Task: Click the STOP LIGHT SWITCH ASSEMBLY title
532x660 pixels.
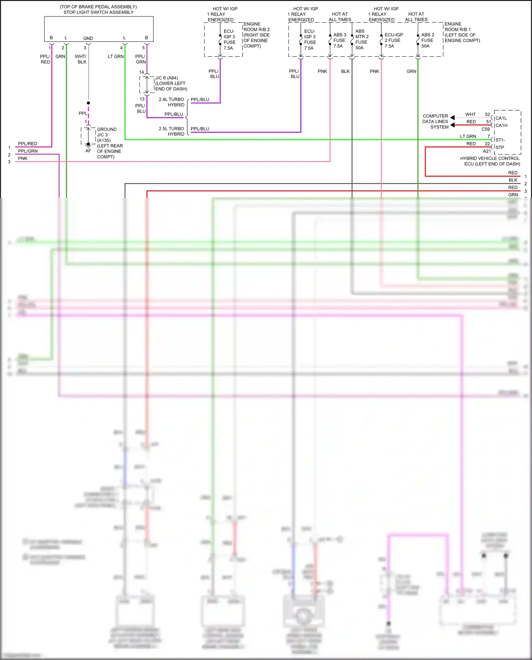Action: (98, 12)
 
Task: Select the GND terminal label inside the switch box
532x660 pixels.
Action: (88, 38)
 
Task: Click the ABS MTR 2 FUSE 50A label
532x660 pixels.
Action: (362, 39)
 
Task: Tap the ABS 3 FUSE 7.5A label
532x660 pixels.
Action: (339, 40)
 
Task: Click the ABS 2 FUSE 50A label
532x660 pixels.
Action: (427, 40)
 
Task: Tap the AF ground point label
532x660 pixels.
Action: (88, 151)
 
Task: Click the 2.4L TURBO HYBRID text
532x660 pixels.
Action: (171, 102)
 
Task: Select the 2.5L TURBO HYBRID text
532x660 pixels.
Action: (171, 131)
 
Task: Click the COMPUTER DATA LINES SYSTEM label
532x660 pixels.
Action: (435, 121)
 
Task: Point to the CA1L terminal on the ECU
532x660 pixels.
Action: (501, 118)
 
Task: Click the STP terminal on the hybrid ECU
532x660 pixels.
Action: (500, 147)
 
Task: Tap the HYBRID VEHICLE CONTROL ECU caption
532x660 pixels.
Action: (490, 161)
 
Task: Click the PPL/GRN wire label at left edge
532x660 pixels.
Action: (28, 151)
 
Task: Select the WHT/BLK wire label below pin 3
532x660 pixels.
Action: (81, 59)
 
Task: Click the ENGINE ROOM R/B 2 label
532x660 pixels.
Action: (256, 35)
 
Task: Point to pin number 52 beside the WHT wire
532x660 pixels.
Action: (487, 115)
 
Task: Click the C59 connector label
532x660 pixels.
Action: (486, 129)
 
